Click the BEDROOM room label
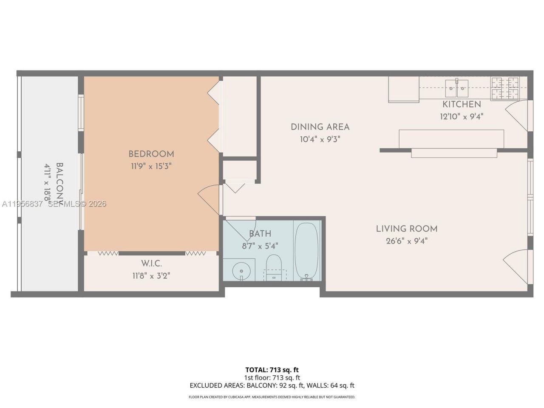pyautogui.click(x=151, y=154)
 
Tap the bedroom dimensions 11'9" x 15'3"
pyautogui.click(x=151, y=166)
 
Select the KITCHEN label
pyautogui.click(x=462, y=104)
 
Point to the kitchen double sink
pyautogui.click(x=456, y=88)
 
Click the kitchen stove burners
pyautogui.click(x=505, y=88)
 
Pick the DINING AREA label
pyautogui.click(x=320, y=127)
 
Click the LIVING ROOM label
pyautogui.click(x=406, y=229)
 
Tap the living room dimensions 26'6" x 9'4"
pyautogui.click(x=406, y=241)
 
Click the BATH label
pyautogui.click(x=260, y=233)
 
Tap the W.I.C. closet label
pyautogui.click(x=151, y=263)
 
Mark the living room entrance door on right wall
pyautogui.click(x=516, y=266)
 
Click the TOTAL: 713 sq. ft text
pyautogui.click(x=272, y=370)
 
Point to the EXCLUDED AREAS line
pyautogui.click(x=272, y=385)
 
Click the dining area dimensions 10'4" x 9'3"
pyautogui.click(x=320, y=139)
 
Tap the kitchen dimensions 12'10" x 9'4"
pyautogui.click(x=462, y=116)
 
